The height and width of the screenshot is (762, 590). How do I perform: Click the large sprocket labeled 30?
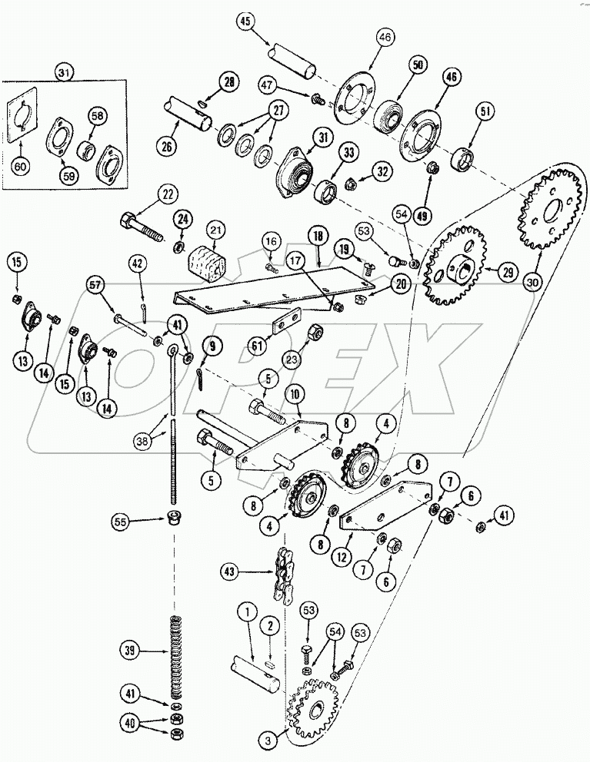point(548,207)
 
